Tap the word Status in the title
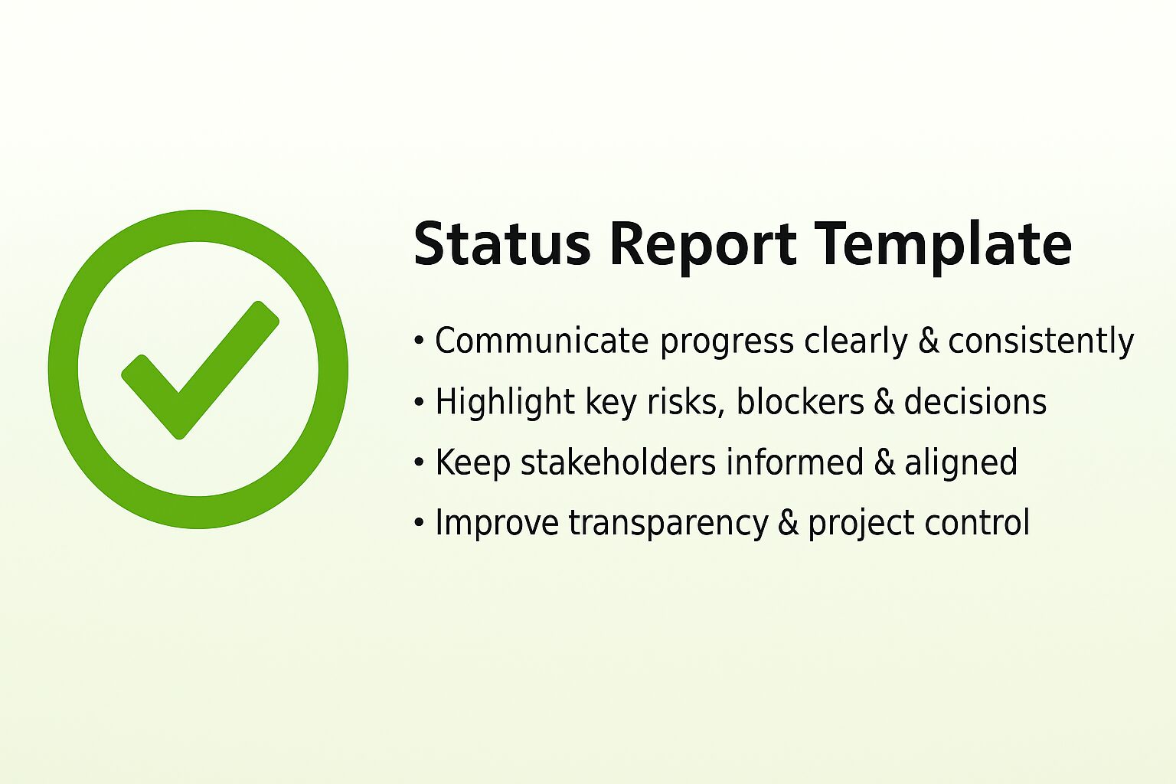tap(501, 243)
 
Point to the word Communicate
tap(541, 341)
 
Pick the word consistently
tap(1040, 341)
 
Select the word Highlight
tap(505, 403)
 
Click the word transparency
tap(668, 524)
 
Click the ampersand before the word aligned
tap(884, 462)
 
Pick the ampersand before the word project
tap(788, 523)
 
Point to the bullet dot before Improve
tap(419, 523)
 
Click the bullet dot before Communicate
tap(419, 341)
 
